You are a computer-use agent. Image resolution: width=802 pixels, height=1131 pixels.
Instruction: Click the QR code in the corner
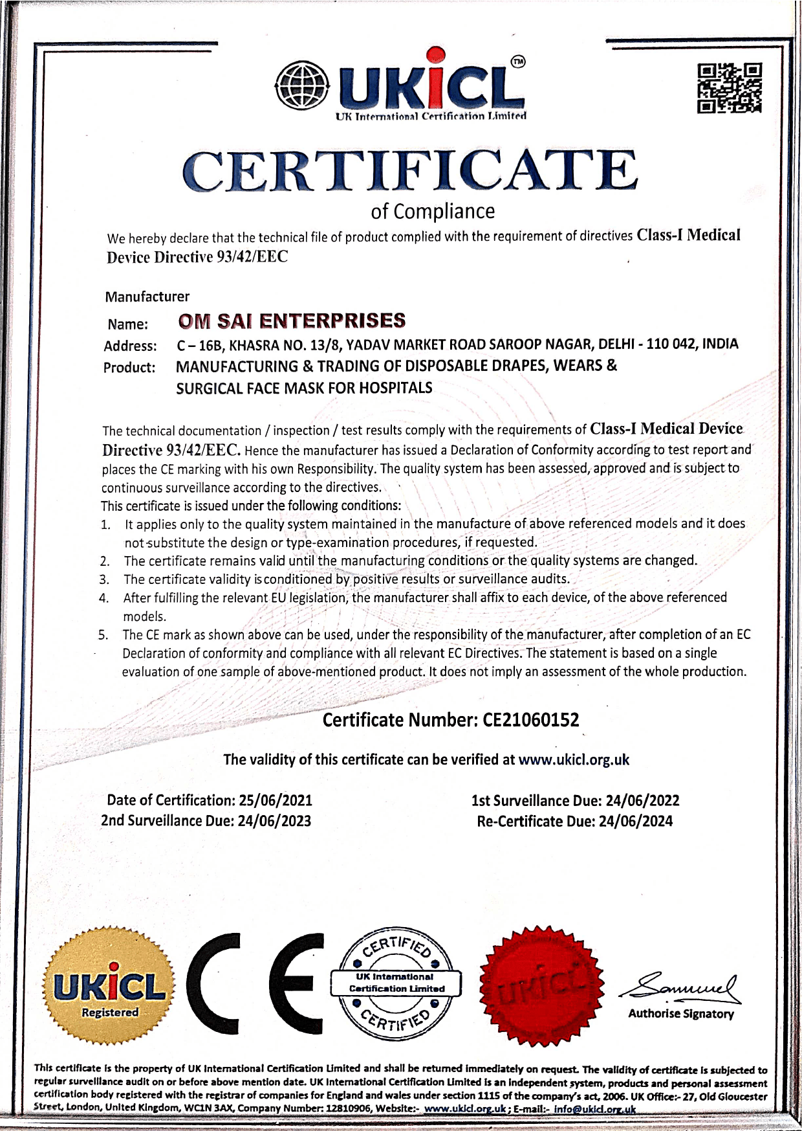point(729,88)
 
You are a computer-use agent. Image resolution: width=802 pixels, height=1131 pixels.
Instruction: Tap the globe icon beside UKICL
point(303,85)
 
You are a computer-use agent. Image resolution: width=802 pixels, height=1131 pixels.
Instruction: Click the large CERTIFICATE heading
point(409,171)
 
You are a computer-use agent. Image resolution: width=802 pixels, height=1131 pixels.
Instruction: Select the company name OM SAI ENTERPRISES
point(292,321)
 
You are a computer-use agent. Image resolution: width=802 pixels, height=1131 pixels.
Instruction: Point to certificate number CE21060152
point(531,720)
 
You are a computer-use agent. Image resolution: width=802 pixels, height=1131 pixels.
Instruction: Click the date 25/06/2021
point(276,800)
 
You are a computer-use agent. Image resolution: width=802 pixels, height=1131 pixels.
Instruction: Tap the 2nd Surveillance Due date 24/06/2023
point(274,821)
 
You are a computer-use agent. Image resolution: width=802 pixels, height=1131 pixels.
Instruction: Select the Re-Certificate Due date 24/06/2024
point(635,822)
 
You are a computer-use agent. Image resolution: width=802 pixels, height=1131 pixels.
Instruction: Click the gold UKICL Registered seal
point(109,985)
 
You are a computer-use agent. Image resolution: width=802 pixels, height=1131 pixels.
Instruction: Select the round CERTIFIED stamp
point(396,982)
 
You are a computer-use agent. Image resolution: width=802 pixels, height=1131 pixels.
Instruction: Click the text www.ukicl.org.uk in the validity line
point(574,759)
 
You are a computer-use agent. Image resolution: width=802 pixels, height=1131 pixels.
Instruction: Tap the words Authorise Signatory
point(681,1014)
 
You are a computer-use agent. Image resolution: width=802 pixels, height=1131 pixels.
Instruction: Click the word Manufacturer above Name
point(147,297)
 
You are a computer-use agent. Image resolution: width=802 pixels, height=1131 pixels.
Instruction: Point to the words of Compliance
point(433,211)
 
